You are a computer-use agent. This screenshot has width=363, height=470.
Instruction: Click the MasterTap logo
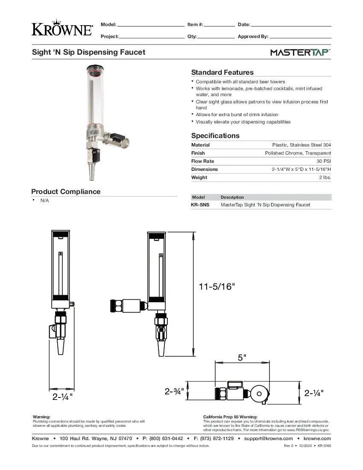(x=300, y=53)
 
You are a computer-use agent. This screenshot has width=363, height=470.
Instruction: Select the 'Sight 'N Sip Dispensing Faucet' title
(x=89, y=52)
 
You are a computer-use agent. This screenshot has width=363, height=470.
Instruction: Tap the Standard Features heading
(x=222, y=72)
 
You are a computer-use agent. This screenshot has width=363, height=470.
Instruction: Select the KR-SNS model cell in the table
(x=200, y=205)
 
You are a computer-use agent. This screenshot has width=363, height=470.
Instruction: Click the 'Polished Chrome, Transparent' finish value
(x=298, y=153)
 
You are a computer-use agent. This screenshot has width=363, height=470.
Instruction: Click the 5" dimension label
(x=242, y=358)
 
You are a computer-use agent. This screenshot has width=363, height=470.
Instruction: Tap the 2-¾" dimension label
(x=174, y=391)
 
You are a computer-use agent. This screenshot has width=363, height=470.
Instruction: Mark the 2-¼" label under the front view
(x=62, y=397)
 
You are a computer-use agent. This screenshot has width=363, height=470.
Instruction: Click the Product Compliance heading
(x=66, y=191)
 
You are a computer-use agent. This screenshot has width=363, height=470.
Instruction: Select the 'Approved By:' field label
(x=253, y=37)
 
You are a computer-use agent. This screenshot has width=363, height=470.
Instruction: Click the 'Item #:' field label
(x=195, y=25)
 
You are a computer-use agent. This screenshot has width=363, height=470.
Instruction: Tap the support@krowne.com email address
(x=269, y=438)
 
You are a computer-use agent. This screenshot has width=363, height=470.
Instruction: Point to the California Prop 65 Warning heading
(x=230, y=417)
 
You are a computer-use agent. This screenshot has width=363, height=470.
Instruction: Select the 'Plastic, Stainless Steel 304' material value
(x=302, y=145)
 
